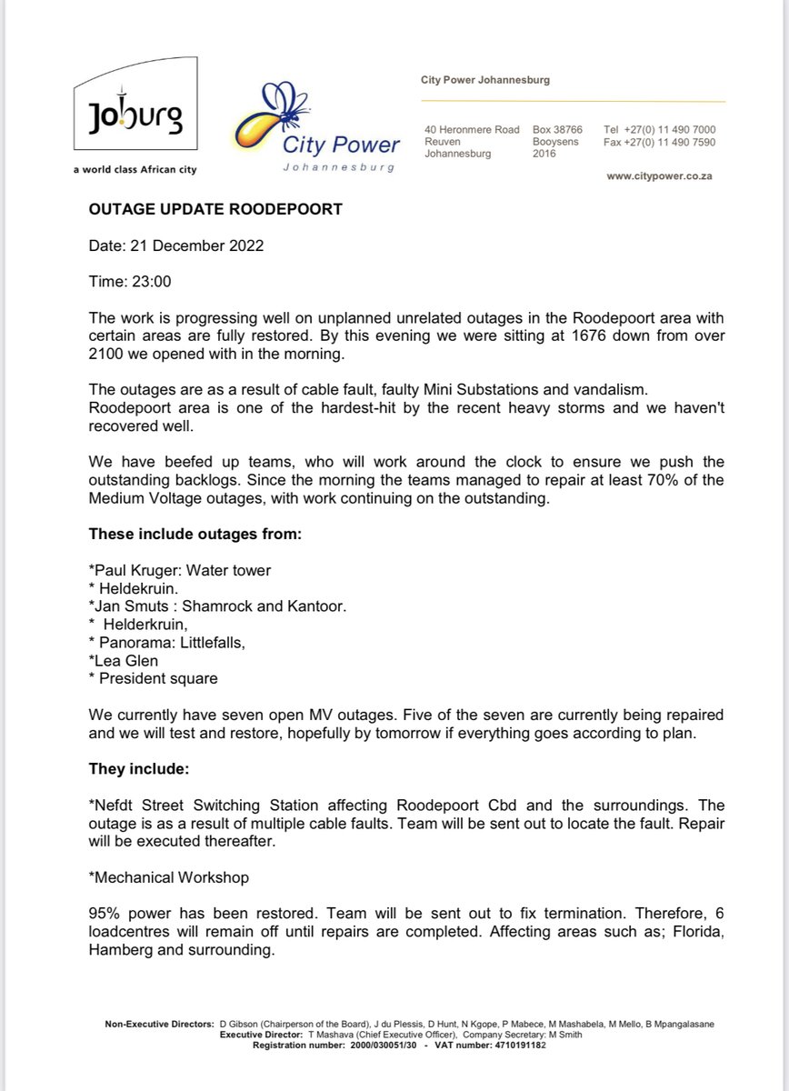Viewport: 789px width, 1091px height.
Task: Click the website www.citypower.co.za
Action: pyautogui.click(x=659, y=176)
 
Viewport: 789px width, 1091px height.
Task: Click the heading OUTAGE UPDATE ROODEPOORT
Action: pyautogui.click(x=215, y=209)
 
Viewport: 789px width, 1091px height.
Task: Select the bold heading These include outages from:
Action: pyautogui.click(x=195, y=534)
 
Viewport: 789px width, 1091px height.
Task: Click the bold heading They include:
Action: pyautogui.click(x=138, y=768)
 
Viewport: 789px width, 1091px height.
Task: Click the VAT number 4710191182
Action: pyautogui.click(x=511, y=1045)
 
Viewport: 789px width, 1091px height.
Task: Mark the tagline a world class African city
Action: pyautogui.click(x=135, y=170)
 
